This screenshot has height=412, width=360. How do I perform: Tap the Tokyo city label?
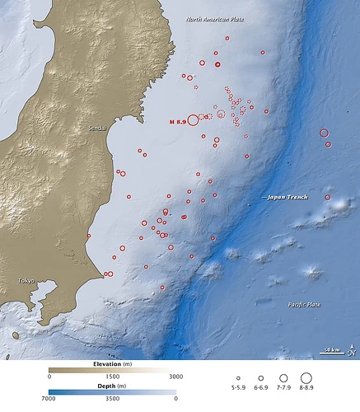[x=30, y=281]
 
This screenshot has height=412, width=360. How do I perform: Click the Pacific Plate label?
[x=306, y=305]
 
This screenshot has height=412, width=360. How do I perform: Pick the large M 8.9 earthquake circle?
[x=194, y=119]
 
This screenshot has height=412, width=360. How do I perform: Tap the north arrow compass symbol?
[x=351, y=353]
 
